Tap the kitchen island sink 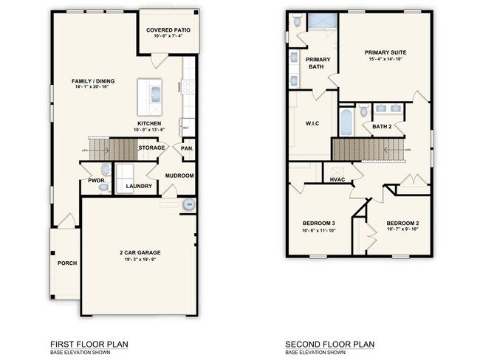click(155, 94)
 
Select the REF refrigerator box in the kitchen click(186, 126)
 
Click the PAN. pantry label click(188, 148)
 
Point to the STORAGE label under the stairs click(151, 148)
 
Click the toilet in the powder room click(103, 188)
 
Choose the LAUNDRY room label click(139, 186)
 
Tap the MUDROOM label click(179, 176)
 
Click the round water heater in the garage click(189, 204)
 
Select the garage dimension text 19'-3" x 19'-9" click(140, 260)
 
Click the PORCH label click(67, 263)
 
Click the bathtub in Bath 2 click(346, 120)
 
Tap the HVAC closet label click(337, 179)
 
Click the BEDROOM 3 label click(319, 224)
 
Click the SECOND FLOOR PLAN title click(330, 344)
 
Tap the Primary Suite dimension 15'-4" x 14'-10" click(385, 60)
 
